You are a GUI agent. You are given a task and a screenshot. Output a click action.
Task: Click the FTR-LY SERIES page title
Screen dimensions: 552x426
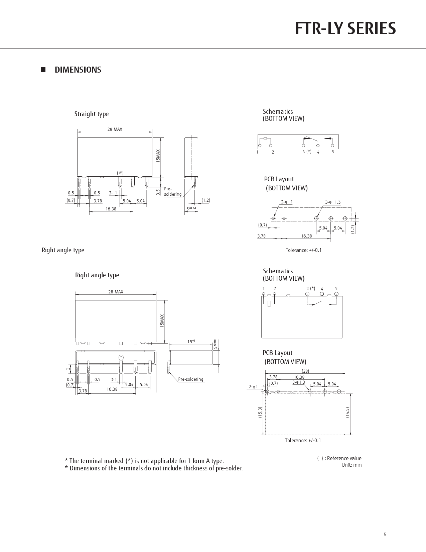[345, 29]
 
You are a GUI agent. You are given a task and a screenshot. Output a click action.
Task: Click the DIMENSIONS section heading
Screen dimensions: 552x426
[78, 70]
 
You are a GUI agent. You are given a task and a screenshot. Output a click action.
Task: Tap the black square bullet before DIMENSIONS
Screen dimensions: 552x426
[43, 70]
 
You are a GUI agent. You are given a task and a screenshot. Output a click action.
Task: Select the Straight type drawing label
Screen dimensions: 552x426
[92, 114]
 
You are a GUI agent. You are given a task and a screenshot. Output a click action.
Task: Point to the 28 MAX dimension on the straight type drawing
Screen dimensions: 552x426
[115, 129]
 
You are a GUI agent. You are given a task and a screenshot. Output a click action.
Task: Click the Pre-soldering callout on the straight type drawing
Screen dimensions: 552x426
[172, 192]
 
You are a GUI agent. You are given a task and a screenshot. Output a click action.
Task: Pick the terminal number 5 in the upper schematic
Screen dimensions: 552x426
[333, 152]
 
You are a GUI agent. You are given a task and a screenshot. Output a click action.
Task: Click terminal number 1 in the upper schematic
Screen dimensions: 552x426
[258, 152]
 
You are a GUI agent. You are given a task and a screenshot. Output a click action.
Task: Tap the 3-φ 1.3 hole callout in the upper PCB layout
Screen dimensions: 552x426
[333, 202]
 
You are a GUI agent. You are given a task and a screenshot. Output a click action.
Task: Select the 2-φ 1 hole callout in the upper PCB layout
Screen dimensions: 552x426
[287, 202]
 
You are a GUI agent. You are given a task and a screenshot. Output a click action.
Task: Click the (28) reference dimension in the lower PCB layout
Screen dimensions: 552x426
[305, 371]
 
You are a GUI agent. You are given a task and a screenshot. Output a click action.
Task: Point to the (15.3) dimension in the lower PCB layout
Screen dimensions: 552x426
[260, 412]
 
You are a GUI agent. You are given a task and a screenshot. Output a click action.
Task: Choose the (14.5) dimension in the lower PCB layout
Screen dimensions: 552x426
[347, 412]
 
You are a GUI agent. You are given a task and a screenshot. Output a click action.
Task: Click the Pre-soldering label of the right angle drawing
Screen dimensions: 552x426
[190, 379]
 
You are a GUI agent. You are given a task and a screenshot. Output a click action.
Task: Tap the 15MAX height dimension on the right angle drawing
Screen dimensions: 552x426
[162, 320]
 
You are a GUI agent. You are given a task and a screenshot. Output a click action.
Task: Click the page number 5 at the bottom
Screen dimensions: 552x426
[385, 535]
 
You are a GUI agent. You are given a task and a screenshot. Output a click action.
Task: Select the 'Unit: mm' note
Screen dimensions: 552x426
[351, 465]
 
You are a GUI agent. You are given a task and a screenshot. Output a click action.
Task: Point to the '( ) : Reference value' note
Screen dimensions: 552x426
[339, 458]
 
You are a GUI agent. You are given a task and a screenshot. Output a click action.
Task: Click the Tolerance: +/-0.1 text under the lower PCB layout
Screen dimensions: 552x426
[303, 440]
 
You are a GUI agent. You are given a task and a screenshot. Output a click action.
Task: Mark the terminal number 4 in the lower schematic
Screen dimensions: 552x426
[322, 289]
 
